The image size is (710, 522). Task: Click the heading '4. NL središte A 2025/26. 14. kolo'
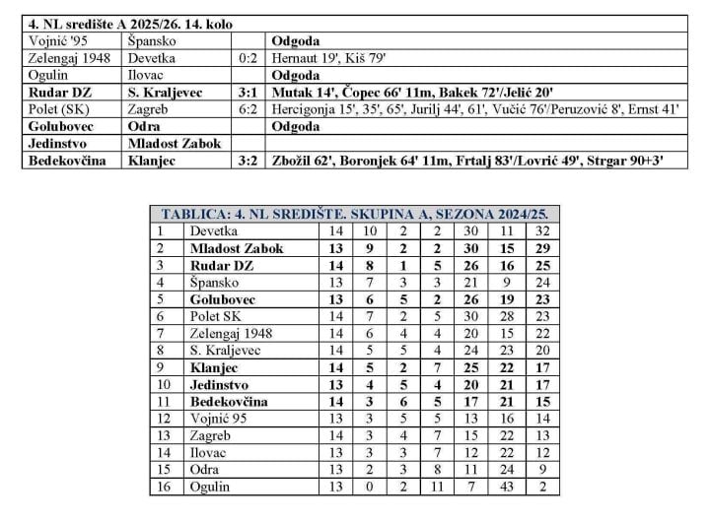pos(137,23)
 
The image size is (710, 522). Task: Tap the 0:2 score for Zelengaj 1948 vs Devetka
pos(248,59)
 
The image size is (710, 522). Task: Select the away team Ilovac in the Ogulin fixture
pos(147,76)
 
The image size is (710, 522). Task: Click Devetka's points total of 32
pos(540,230)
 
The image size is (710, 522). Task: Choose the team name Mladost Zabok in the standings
pos(237,248)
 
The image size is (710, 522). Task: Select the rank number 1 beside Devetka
pos(157,230)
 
